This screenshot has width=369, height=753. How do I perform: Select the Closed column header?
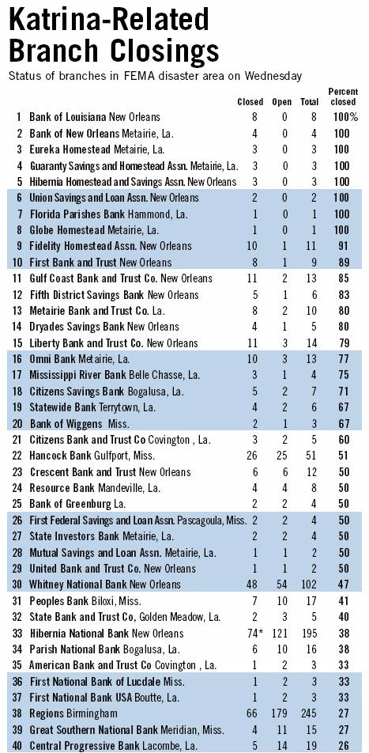pos(250,102)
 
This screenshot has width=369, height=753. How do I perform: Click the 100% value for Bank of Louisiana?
pos(345,117)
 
